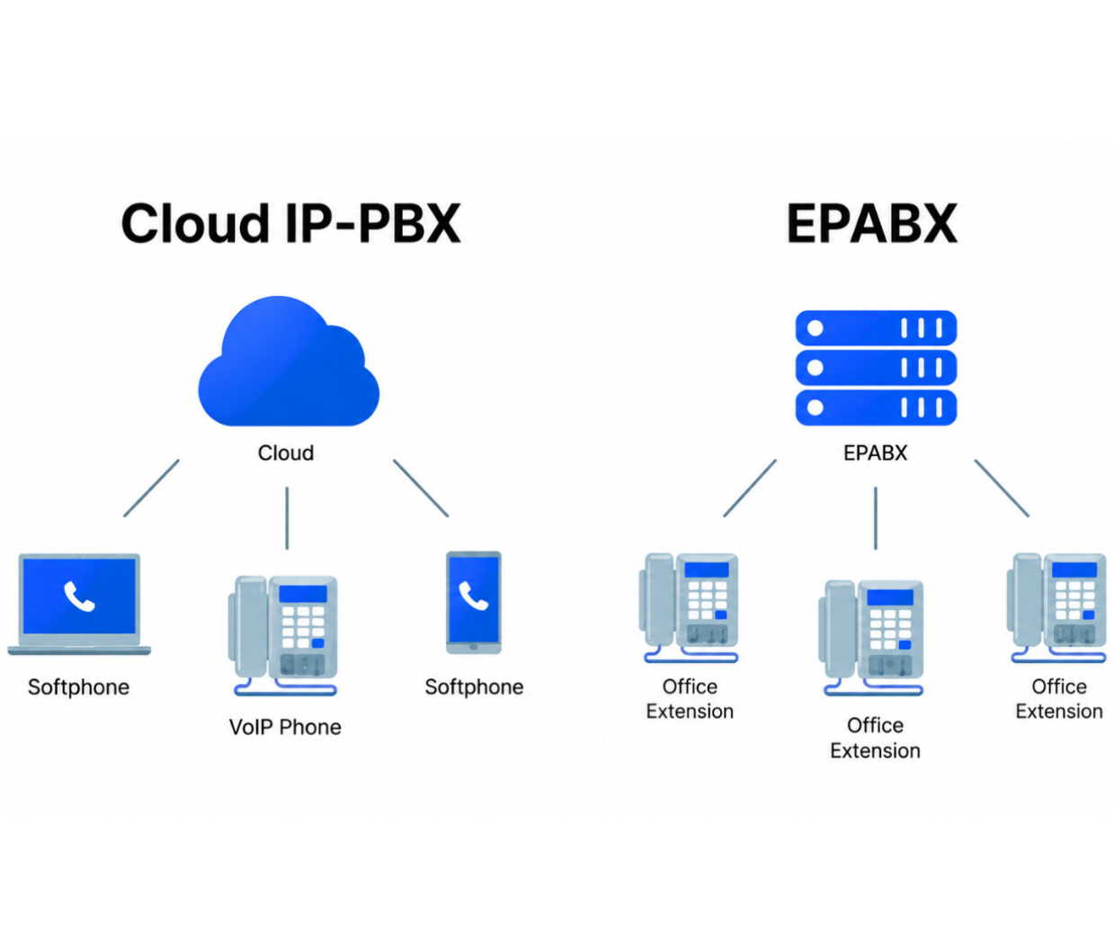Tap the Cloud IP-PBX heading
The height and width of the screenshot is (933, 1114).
tap(290, 223)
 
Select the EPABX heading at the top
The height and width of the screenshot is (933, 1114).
tap(872, 223)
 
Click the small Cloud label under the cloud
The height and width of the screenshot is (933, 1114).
tap(286, 453)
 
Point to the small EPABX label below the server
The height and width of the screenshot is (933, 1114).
tap(875, 453)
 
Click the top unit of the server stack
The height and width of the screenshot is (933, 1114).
tap(876, 327)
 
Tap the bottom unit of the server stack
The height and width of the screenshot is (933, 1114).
tap(876, 408)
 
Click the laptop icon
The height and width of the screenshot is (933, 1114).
tap(79, 604)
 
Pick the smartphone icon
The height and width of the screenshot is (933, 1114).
tap(474, 603)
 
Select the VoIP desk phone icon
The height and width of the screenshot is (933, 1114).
tap(283, 635)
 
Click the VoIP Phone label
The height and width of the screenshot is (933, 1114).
tap(285, 727)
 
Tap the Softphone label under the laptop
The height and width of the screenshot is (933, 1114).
tap(78, 686)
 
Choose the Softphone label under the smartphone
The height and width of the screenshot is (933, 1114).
tap(474, 686)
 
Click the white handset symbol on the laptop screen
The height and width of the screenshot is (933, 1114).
tap(79, 596)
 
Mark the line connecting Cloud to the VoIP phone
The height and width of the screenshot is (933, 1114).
tap(287, 518)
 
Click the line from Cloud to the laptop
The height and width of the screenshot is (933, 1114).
tap(152, 489)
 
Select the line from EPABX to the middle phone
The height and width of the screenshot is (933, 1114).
tap(876, 518)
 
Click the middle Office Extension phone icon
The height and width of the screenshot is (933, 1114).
tap(871, 638)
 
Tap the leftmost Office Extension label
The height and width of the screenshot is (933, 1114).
tap(690, 698)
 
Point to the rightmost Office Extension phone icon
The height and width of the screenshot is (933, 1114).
tap(1056, 608)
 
